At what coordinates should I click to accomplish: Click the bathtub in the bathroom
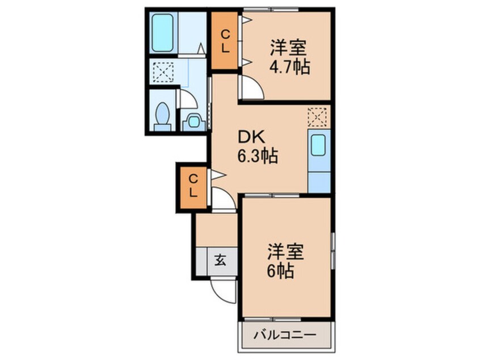(x=163, y=31)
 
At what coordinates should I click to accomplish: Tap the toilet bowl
(x=163, y=115)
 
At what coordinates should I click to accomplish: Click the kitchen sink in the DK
(x=318, y=146)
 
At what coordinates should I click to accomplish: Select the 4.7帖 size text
(x=289, y=67)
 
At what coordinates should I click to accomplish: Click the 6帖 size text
(x=281, y=271)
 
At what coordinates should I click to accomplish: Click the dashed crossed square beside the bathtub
(x=162, y=73)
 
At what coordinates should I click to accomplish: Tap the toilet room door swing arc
(x=189, y=100)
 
